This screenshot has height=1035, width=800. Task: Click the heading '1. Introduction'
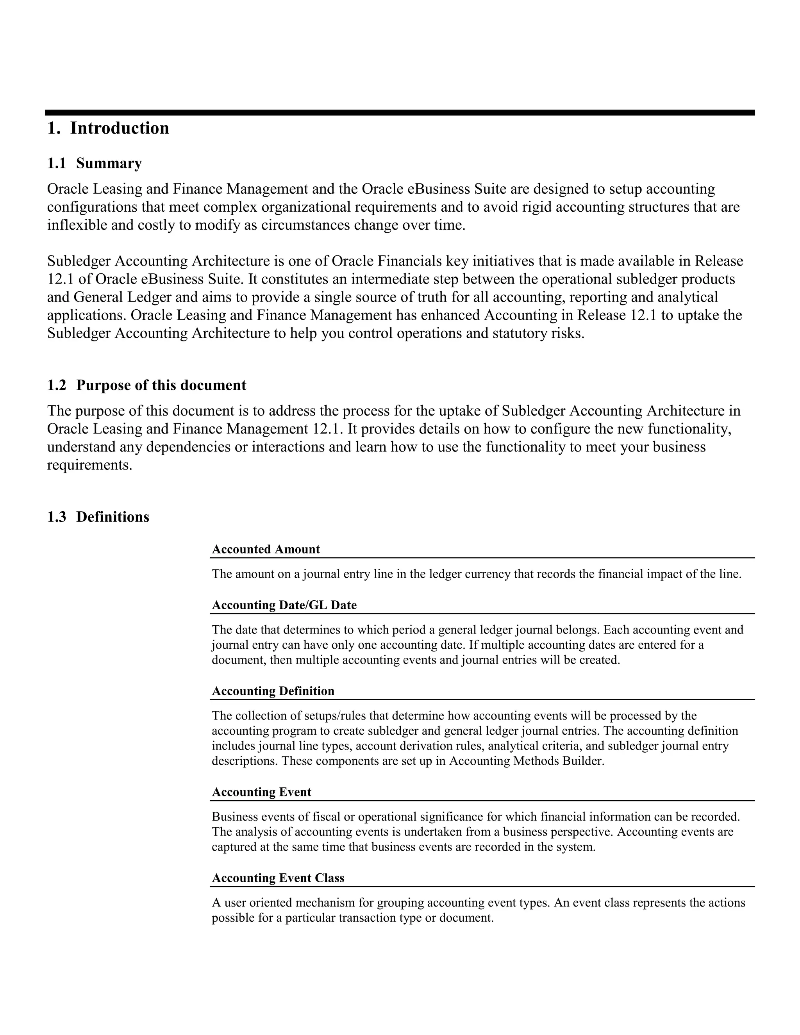click(x=108, y=128)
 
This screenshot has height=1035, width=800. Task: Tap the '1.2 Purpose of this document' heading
click(x=146, y=385)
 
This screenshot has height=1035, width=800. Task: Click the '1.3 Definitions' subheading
click(x=98, y=517)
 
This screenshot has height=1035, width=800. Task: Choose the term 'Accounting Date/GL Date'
click(x=284, y=605)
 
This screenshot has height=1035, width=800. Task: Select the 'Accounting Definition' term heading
click(x=273, y=691)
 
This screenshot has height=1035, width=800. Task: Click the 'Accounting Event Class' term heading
click(x=278, y=878)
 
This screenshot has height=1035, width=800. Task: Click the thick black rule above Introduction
click(x=400, y=113)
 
